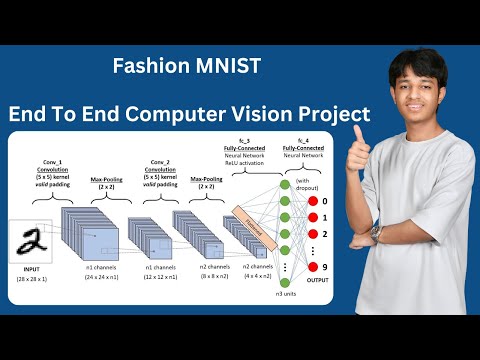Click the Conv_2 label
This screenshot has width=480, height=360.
(161, 162)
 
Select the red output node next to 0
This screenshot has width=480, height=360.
(311, 200)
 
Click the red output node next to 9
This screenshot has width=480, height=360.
(311, 267)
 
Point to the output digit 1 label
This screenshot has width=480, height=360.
(324, 217)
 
